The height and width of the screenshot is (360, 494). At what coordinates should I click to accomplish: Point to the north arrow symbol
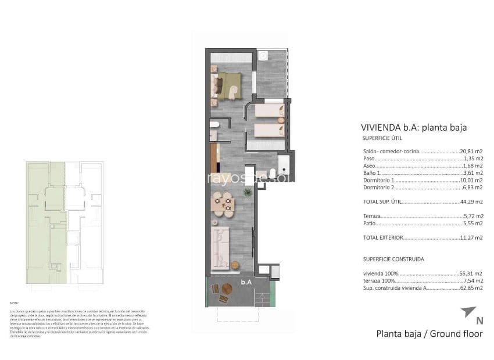point(468,312)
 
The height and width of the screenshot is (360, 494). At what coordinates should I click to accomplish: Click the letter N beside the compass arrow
point(479,321)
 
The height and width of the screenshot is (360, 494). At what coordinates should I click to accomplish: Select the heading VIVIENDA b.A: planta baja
point(414,127)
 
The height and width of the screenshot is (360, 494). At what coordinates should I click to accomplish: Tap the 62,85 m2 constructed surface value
point(471,288)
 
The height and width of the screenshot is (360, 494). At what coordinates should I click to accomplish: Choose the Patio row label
point(370,223)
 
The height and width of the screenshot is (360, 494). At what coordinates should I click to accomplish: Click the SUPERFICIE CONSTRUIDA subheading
point(393,259)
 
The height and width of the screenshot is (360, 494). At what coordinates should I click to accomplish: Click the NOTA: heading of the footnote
point(15,303)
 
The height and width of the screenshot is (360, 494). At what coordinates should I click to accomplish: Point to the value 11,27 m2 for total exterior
point(471,237)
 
